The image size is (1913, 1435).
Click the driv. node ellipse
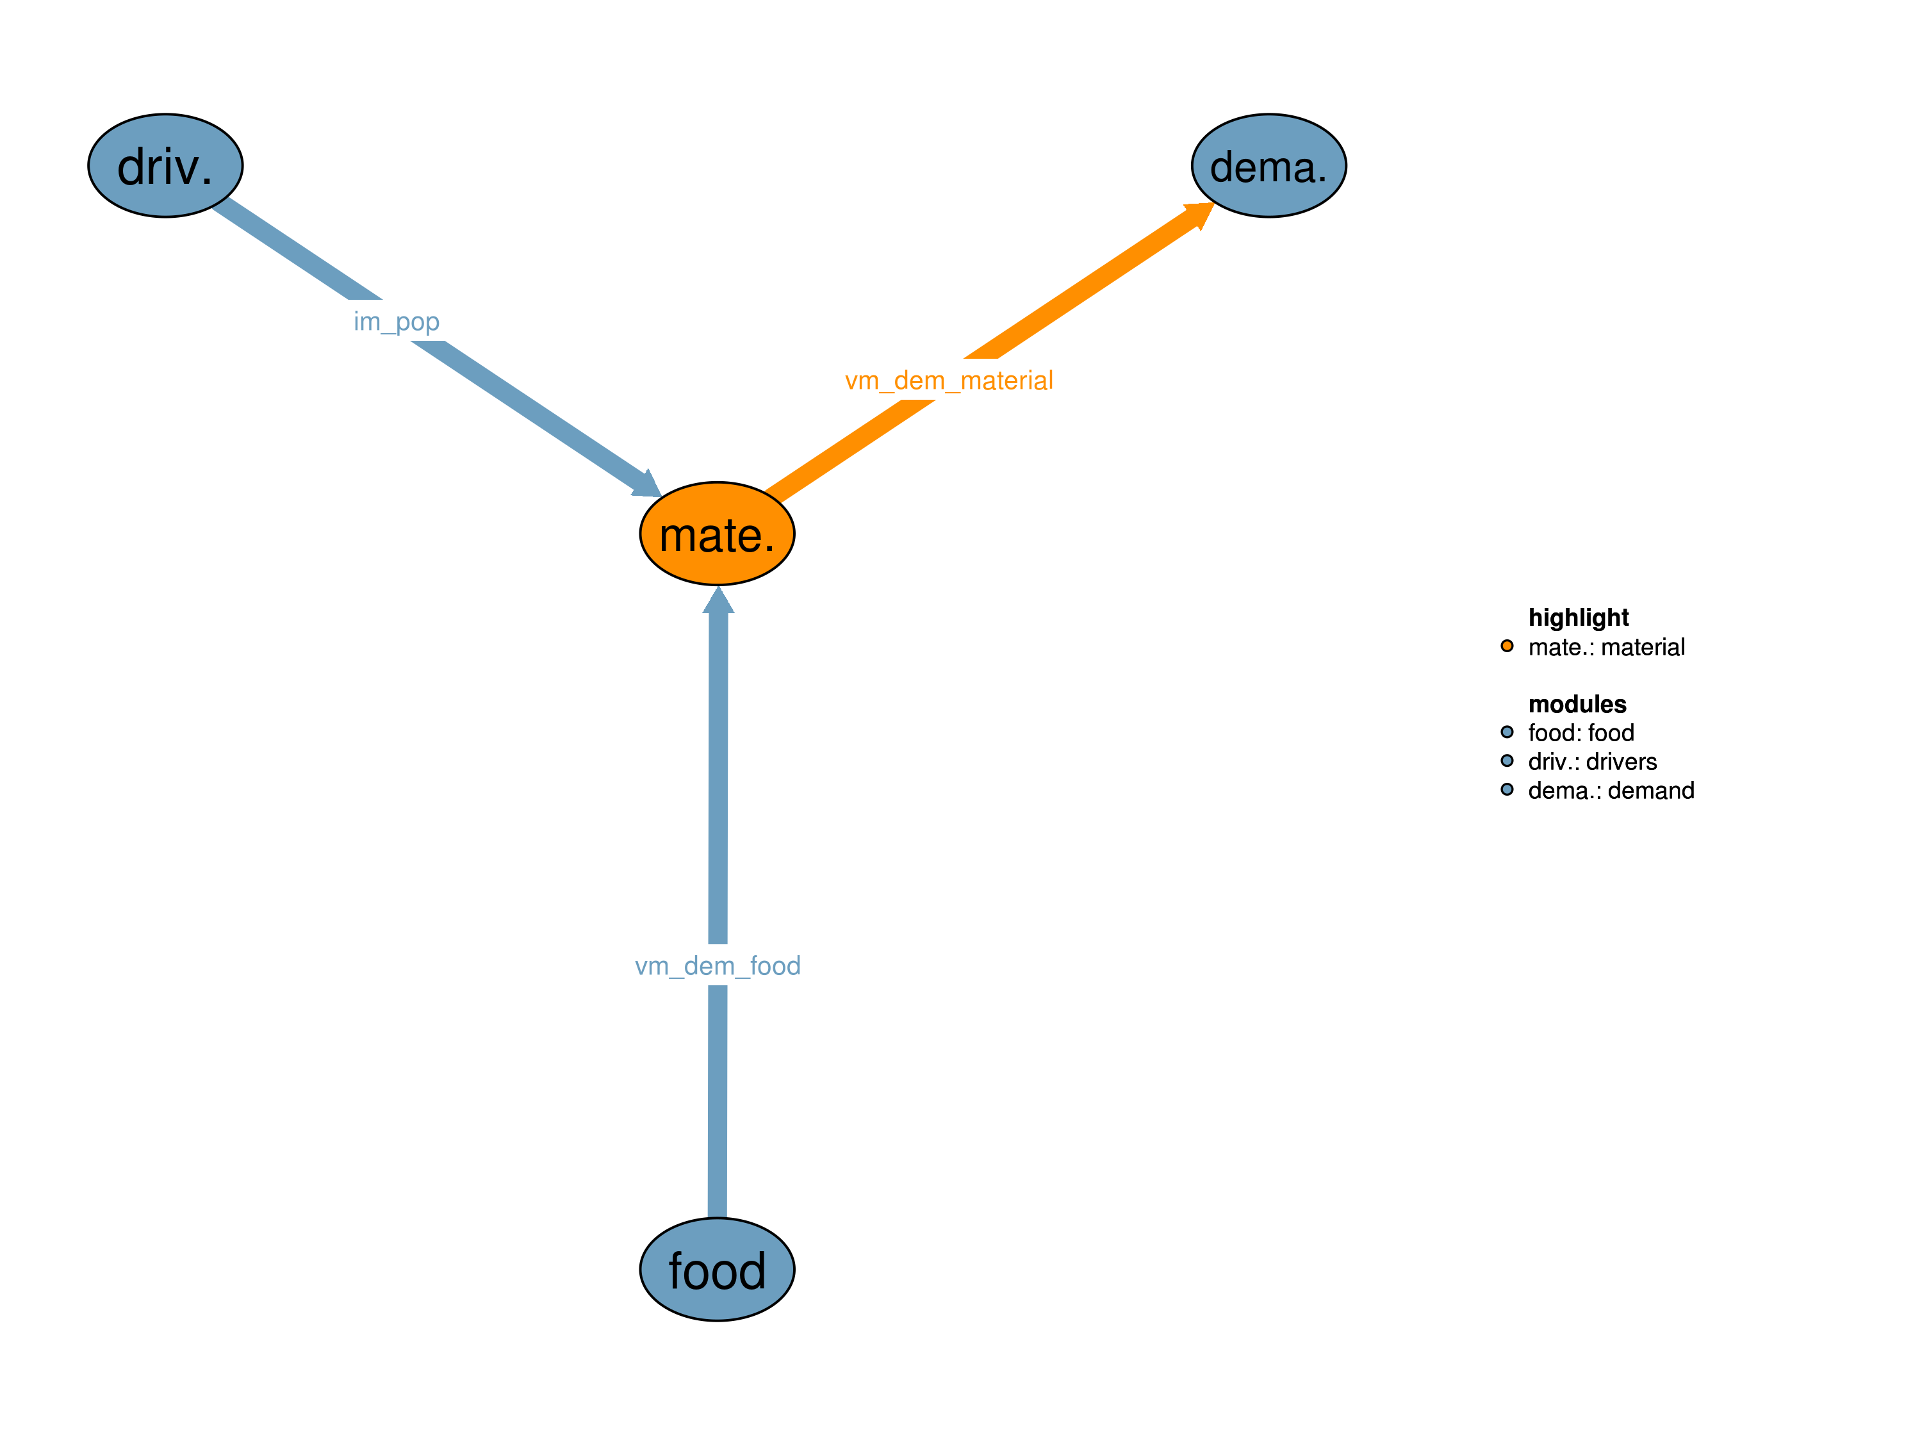pyautogui.click(x=165, y=165)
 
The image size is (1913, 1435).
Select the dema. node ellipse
pyautogui.click(x=1268, y=165)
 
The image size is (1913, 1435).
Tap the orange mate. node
pyautogui.click(x=717, y=534)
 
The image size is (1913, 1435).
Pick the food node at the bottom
pyautogui.click(x=717, y=1269)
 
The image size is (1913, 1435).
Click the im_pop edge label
pyautogui.click(x=396, y=321)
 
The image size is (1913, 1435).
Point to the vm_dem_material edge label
pyautogui.click(x=949, y=380)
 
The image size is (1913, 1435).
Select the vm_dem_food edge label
pyautogui.click(x=717, y=965)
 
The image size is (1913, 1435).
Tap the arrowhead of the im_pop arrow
pyautogui.click(x=648, y=485)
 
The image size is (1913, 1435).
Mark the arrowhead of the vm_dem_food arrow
pyautogui.click(x=718, y=601)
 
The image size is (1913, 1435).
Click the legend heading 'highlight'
pyautogui.click(x=1579, y=618)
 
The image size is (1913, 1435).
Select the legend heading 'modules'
pyautogui.click(x=1577, y=704)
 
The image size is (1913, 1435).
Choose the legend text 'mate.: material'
pyautogui.click(x=1606, y=647)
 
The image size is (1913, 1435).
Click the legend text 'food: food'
pyautogui.click(x=1581, y=733)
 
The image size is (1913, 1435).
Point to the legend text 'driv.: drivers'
pyautogui.click(x=1592, y=761)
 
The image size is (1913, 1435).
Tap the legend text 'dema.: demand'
pyautogui.click(x=1611, y=791)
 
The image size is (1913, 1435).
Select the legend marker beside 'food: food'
pyautogui.click(x=1507, y=732)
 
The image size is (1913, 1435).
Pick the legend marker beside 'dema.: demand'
pyautogui.click(x=1507, y=789)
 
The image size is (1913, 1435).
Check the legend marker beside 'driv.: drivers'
pyautogui.click(x=1507, y=760)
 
